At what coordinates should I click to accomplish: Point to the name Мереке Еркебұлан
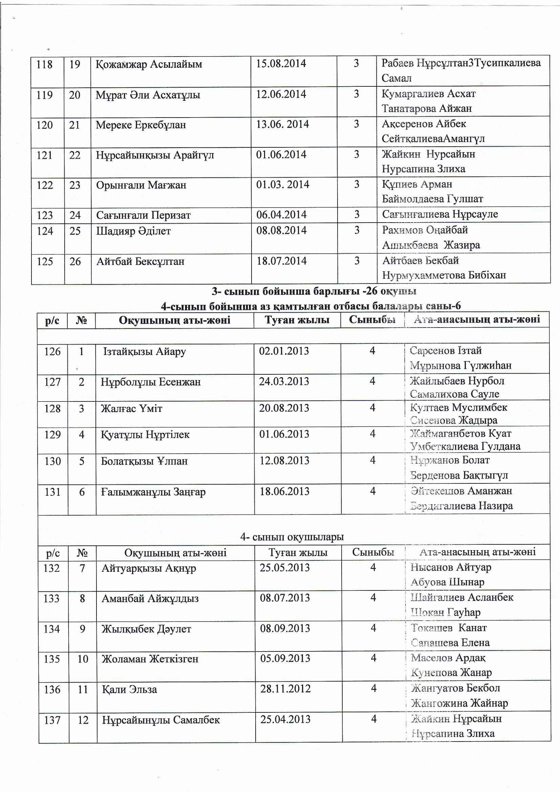141,125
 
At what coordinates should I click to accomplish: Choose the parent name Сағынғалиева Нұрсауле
440,214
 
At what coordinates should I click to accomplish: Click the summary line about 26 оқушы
314,291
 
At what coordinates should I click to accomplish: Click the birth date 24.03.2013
284,381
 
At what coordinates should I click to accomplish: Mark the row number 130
52,461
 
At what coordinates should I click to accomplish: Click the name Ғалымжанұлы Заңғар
153,492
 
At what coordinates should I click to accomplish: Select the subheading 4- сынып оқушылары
292,537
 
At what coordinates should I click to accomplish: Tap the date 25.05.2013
285,567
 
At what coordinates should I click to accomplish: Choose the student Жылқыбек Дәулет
146,629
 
